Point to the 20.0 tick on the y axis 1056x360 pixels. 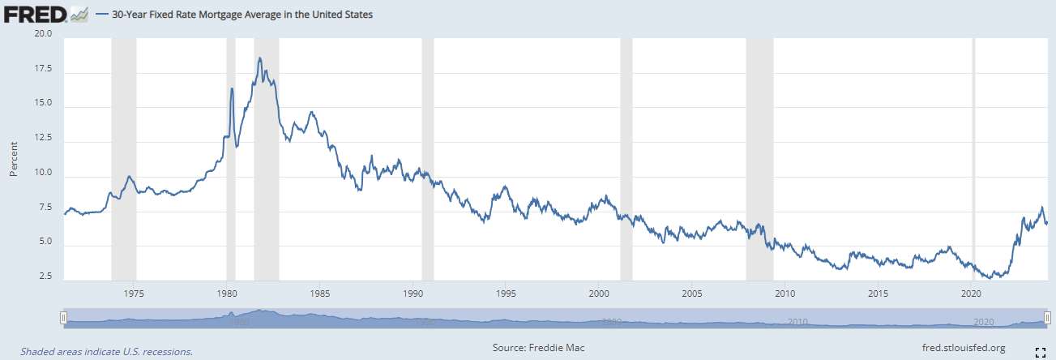click(42, 34)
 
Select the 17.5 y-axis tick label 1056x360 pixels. click(42, 70)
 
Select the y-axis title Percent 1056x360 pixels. click(14, 157)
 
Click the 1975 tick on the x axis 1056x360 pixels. click(135, 292)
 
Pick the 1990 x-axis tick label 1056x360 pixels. click(413, 292)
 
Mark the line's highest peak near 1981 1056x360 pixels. click(259, 58)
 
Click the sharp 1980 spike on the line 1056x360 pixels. click(232, 88)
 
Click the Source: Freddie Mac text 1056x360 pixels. click(538, 348)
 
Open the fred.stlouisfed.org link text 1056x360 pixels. click(964, 348)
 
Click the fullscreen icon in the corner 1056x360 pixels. click(1041, 350)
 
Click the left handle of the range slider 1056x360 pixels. click(63, 317)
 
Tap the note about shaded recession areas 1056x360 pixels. click(106, 352)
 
